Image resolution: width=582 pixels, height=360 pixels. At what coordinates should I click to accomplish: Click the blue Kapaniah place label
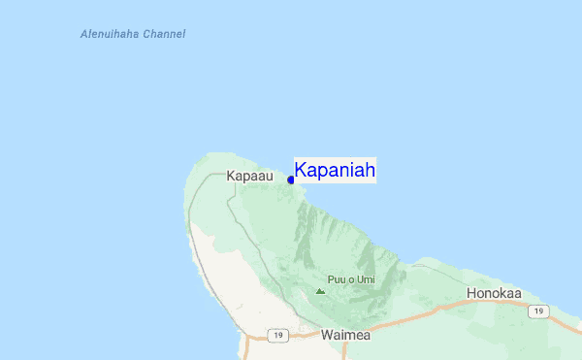coord(335,171)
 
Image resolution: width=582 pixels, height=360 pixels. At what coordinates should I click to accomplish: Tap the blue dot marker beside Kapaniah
coord(291,180)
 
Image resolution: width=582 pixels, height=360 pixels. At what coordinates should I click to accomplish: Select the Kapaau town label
coord(249,177)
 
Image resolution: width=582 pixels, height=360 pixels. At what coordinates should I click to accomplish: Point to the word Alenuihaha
coord(110,34)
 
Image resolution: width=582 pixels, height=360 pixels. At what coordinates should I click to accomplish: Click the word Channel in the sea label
coord(163,34)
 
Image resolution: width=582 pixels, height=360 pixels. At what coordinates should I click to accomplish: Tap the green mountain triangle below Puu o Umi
coord(320,290)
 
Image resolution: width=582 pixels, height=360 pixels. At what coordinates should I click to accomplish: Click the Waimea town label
coord(345,335)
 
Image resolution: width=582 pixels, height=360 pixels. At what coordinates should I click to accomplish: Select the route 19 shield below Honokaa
coord(536,311)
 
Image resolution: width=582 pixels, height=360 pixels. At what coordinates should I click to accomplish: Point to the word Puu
coord(336,279)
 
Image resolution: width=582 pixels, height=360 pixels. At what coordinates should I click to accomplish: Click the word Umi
coord(365,279)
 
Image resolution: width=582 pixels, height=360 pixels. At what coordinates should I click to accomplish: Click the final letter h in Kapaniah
coord(370,171)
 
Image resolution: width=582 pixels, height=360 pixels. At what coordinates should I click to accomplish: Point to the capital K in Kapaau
coord(230,177)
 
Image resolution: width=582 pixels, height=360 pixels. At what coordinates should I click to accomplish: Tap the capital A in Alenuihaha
coord(83,34)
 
